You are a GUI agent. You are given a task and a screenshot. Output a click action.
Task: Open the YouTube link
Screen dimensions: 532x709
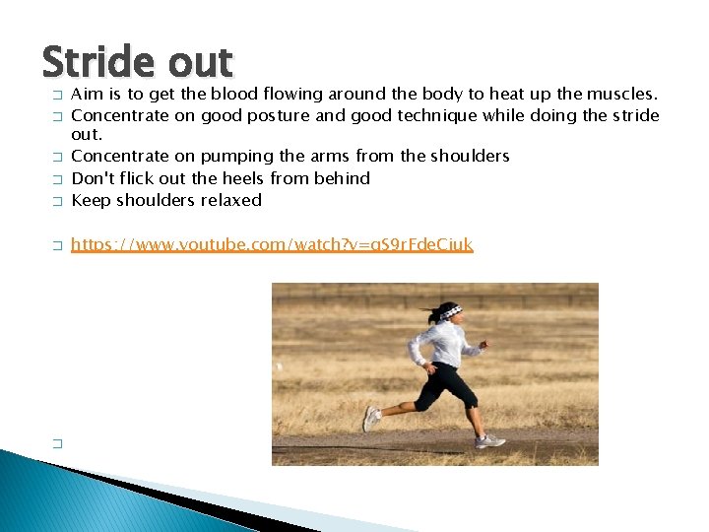coord(272,243)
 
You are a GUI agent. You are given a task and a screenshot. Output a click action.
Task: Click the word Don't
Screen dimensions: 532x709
coord(94,178)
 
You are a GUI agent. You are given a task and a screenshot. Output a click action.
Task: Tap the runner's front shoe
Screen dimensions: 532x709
coord(489,440)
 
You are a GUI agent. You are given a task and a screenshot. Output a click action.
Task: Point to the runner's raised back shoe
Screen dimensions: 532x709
coord(370,418)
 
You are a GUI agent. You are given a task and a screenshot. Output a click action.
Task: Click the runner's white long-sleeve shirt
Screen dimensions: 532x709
coord(445,345)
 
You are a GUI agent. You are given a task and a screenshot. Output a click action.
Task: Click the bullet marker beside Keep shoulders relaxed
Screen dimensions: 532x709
coord(57,201)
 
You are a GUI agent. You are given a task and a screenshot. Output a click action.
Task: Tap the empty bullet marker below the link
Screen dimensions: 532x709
coord(57,444)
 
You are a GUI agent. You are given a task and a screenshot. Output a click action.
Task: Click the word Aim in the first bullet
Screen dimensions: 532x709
coord(86,94)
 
